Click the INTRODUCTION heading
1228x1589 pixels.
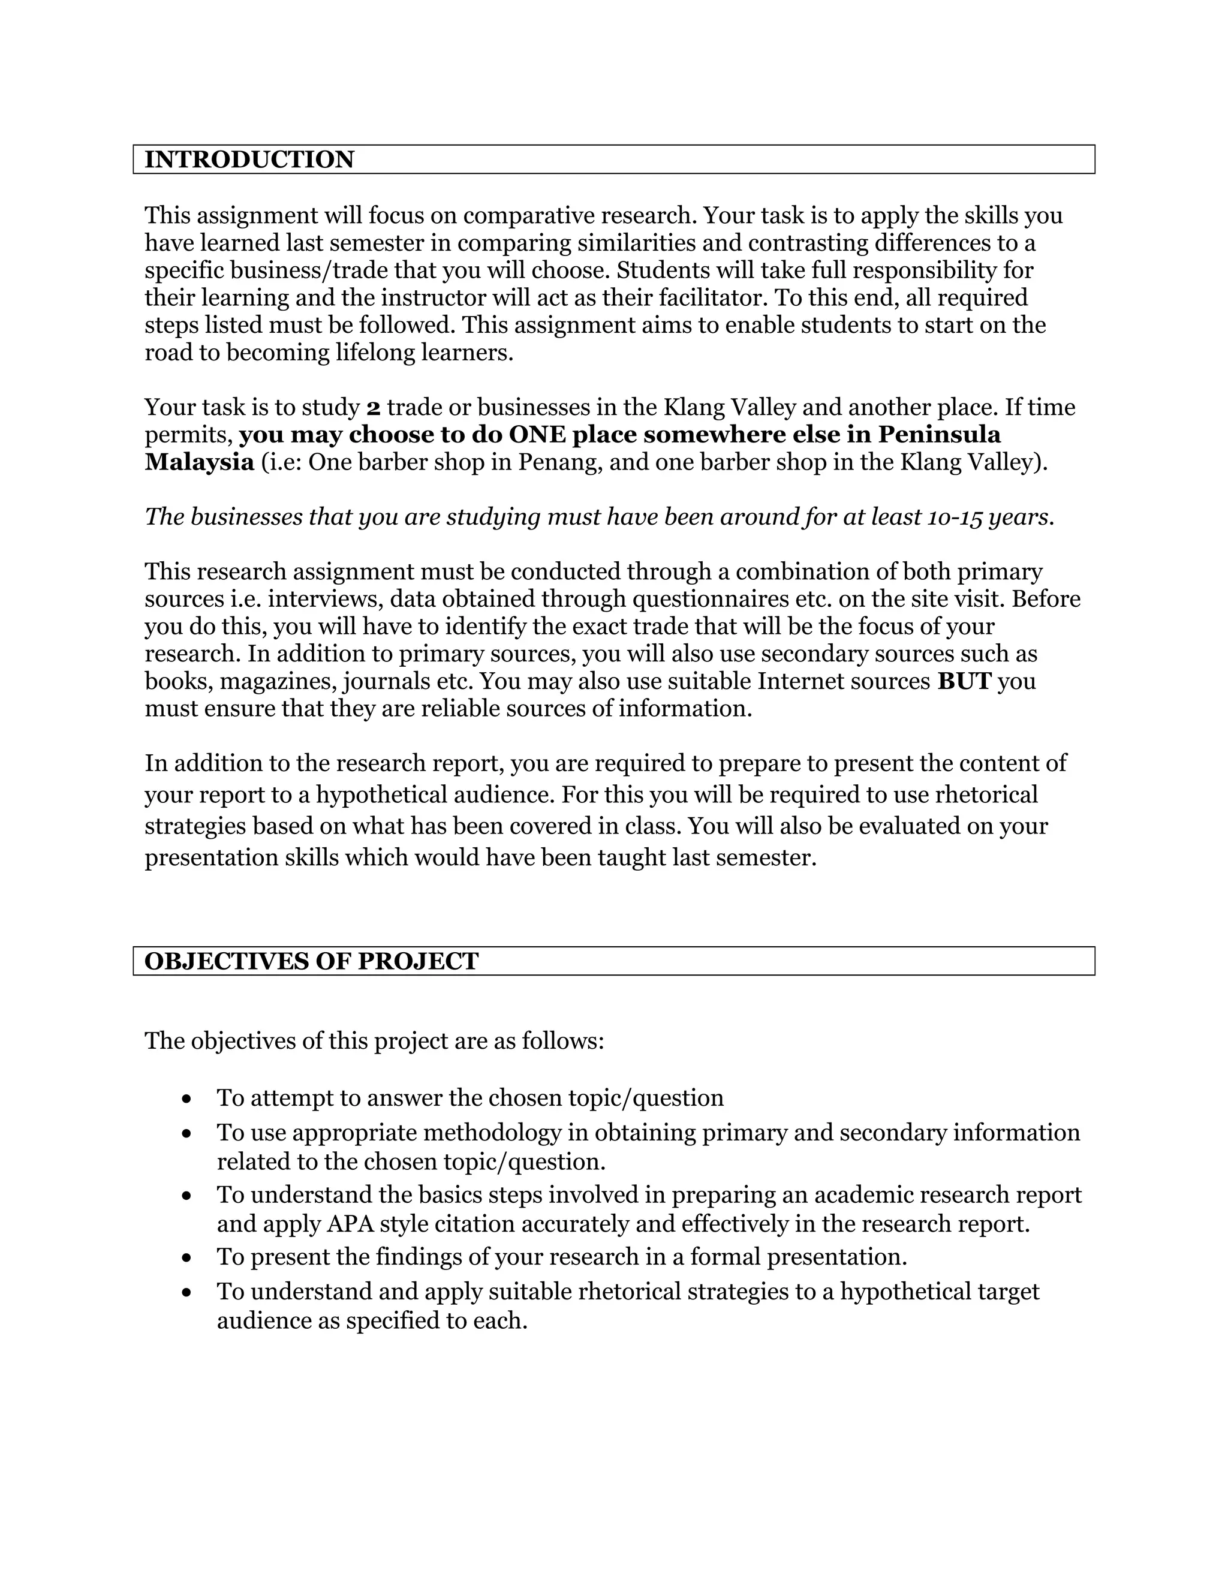[249, 159]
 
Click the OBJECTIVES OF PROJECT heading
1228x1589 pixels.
[311, 961]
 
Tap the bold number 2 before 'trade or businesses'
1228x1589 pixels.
[373, 407]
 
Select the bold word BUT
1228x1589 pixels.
[964, 681]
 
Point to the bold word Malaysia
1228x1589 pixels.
[198, 462]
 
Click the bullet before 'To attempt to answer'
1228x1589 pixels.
[188, 1099]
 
